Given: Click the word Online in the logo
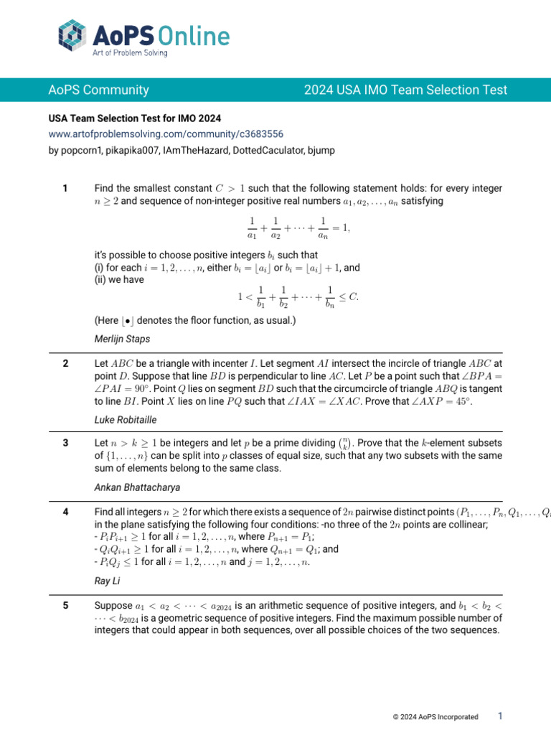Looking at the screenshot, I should tap(194, 35).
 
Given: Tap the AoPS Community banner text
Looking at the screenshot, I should tap(98, 90).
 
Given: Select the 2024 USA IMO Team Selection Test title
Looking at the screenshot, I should tap(405, 90).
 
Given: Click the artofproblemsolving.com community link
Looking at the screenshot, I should tap(166, 134).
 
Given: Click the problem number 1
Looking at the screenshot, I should tap(65, 189).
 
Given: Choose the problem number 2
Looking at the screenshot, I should tap(65, 364).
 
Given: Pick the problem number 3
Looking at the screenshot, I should tap(65, 443).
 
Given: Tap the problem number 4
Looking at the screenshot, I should tap(65, 512).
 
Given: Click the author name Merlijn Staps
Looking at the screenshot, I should tap(121, 337).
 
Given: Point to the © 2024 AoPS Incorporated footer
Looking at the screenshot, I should tap(435, 716).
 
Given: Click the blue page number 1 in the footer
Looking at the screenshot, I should tap(500, 716).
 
